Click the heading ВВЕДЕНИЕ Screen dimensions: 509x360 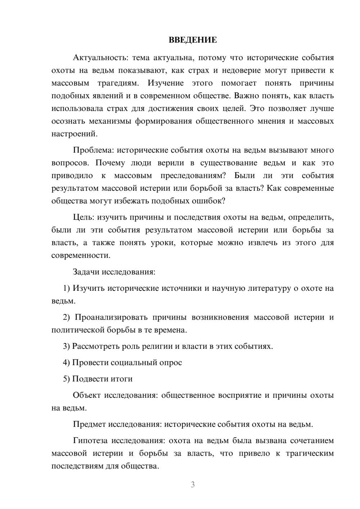(x=193, y=40)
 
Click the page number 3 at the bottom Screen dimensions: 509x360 (x=193, y=485)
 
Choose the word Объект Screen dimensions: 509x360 (x=86, y=395)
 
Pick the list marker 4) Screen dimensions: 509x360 (x=66, y=362)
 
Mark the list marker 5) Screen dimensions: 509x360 (x=66, y=379)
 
